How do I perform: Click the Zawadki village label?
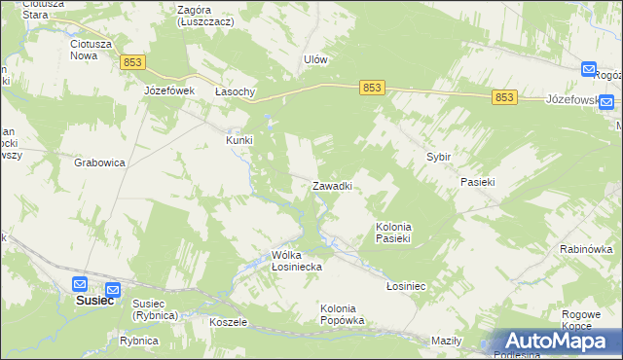[x=331, y=185]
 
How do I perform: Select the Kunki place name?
[x=239, y=139]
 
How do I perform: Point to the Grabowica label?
[x=99, y=162]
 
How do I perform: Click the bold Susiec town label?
[x=95, y=301]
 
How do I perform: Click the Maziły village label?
[x=445, y=341]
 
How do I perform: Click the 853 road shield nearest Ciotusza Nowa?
[x=133, y=62]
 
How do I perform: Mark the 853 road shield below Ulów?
[x=372, y=88]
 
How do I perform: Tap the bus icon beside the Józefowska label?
[x=605, y=100]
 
